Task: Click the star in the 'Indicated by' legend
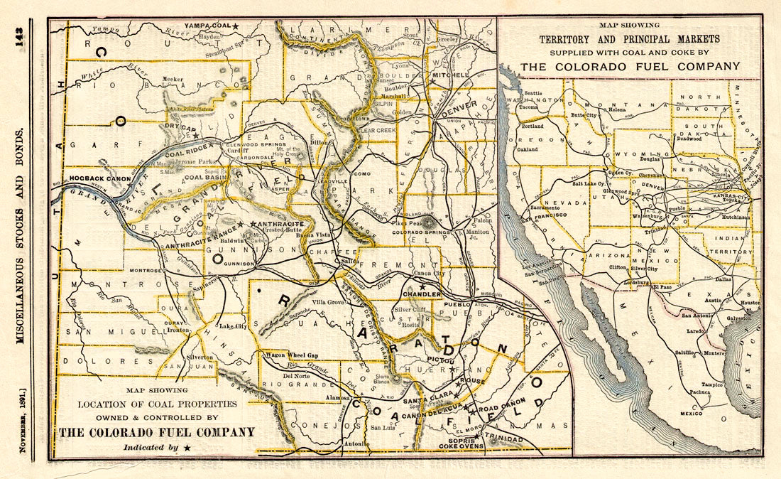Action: click(187, 447)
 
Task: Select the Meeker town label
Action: click(173, 80)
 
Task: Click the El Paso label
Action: click(662, 287)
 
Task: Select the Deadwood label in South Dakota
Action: click(689, 139)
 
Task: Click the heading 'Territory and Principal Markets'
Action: click(629, 39)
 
